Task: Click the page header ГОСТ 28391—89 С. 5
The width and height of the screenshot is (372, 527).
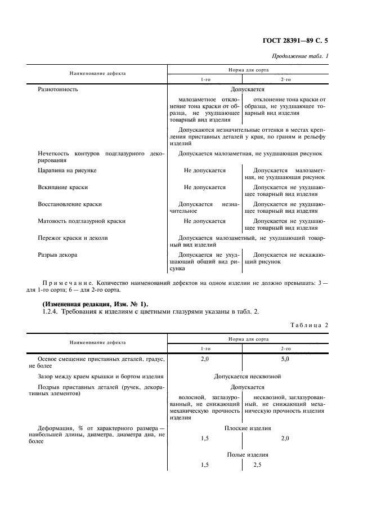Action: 295,41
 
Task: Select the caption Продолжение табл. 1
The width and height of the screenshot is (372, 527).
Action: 300,56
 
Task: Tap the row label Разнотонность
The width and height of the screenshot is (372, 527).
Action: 57,89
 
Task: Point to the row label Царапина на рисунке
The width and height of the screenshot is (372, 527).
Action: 66,169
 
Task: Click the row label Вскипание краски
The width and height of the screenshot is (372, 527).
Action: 62,187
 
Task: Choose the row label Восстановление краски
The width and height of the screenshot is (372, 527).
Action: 69,204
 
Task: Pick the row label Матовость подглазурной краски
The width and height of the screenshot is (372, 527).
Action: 81,221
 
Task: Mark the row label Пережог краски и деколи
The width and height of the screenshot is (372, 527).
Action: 73,238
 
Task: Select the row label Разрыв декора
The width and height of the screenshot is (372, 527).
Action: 57,255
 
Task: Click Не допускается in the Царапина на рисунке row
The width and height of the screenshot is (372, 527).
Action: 205,169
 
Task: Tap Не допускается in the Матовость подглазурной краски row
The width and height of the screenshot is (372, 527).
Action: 205,221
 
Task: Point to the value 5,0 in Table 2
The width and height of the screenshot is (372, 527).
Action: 285,359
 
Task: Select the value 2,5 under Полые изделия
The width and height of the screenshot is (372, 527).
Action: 258,465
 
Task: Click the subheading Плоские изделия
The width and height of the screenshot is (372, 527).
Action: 248,427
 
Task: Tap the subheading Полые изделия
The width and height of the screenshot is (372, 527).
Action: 248,454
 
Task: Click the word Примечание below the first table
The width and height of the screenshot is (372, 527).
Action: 68,282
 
